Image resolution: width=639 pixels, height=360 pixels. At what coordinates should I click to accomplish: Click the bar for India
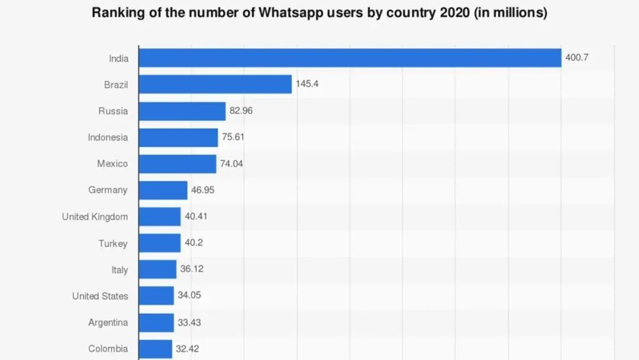tap(350, 58)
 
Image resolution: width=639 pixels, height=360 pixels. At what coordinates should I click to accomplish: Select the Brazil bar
tap(215, 84)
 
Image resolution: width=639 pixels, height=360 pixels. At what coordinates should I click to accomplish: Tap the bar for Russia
tap(182, 111)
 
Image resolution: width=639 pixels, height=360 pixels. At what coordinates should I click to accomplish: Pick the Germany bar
tap(163, 190)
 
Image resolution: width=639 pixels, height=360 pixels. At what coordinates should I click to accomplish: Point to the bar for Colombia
tap(156, 349)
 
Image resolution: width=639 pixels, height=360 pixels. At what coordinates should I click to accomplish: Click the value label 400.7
tap(577, 58)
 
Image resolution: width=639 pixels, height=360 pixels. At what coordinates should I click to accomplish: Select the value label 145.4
tap(308, 84)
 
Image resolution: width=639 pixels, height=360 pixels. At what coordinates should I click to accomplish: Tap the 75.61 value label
tap(233, 137)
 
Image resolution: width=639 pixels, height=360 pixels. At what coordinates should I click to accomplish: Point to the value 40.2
tap(194, 243)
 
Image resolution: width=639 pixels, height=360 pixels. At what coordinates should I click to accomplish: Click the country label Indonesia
tap(108, 137)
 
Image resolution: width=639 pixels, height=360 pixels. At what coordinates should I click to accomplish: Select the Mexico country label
tap(112, 163)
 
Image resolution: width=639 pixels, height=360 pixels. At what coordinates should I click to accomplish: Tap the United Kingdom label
tap(95, 217)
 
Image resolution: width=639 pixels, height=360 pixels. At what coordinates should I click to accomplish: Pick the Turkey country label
tap(113, 243)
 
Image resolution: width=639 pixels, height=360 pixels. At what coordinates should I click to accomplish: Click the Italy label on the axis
tap(120, 270)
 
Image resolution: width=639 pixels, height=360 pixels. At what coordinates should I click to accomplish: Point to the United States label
tap(100, 296)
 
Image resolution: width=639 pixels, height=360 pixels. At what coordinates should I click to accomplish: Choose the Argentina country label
tap(108, 323)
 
